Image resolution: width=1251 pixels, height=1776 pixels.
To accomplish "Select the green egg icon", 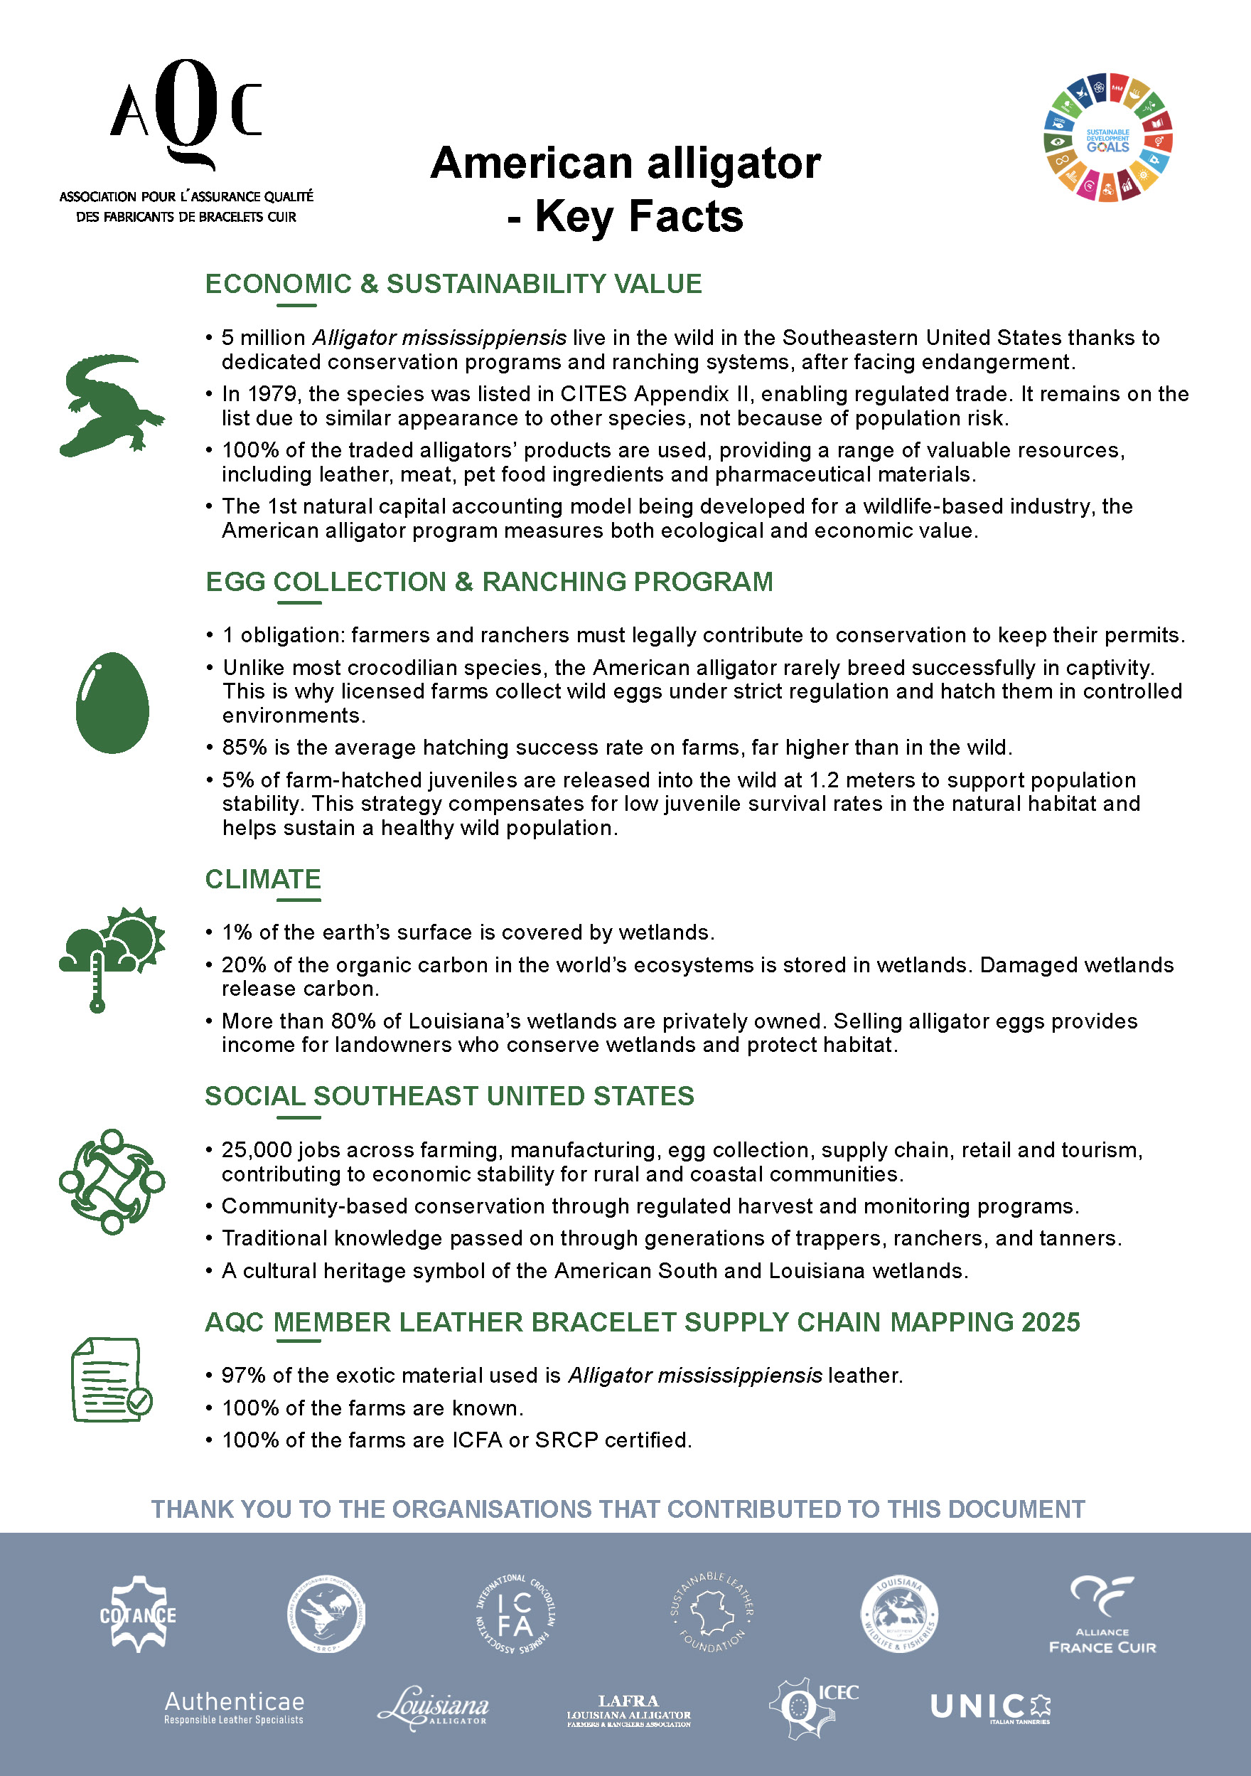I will point(112,702).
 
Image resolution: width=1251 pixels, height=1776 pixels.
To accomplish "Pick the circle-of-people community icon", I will point(112,1181).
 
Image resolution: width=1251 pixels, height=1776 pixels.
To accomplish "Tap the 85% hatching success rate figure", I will point(245,748).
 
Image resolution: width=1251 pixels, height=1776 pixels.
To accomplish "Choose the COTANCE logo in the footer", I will point(138,1615).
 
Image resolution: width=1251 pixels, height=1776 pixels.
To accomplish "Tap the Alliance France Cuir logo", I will point(1102,1617).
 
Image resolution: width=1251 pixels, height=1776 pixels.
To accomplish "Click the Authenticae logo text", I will point(235,1706).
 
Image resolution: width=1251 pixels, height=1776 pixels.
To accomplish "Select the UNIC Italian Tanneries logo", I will point(990,1707).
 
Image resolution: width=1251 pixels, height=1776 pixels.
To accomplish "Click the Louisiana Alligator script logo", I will point(434,1707).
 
